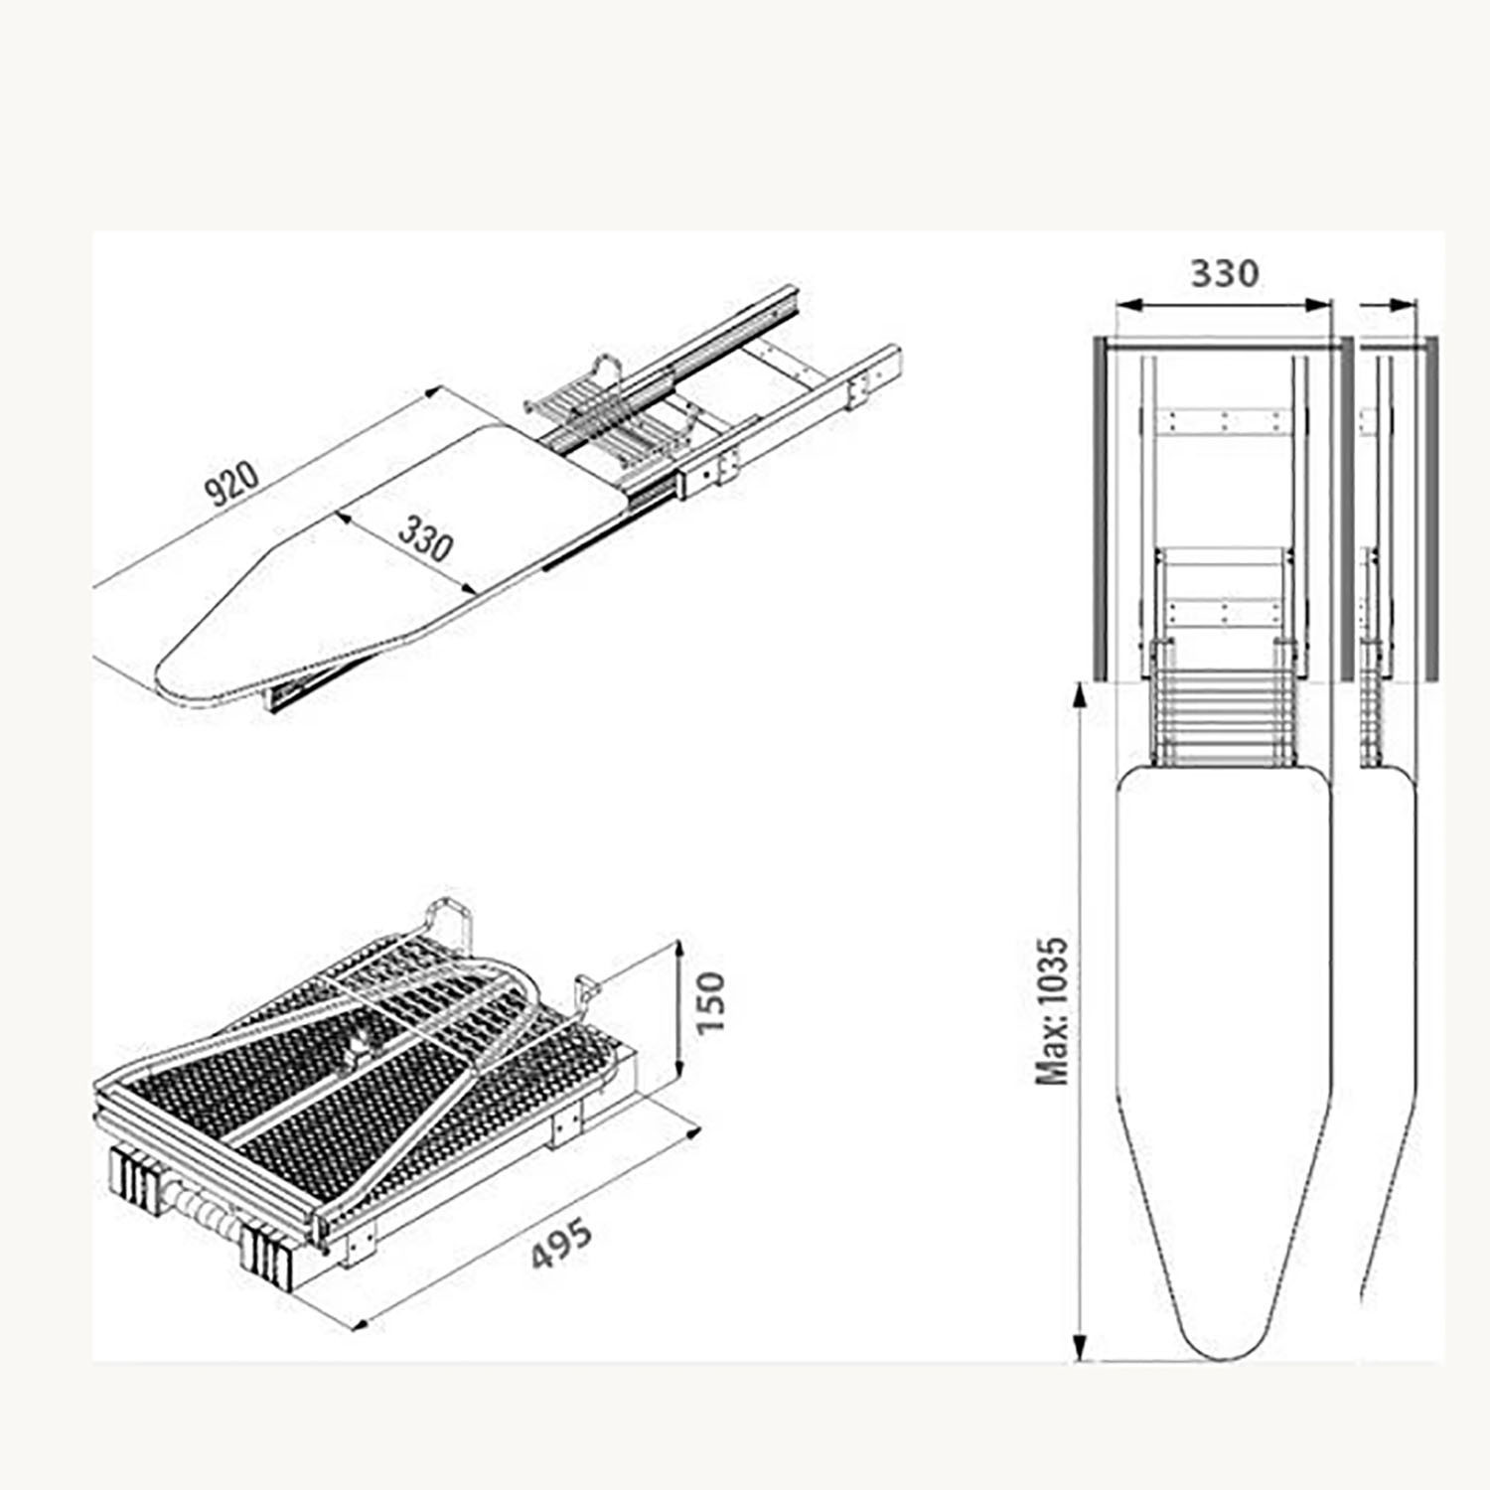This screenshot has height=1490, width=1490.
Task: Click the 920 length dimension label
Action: (231, 483)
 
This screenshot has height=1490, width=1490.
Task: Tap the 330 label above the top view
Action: (1225, 272)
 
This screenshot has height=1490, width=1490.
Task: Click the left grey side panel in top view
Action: (1101, 509)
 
